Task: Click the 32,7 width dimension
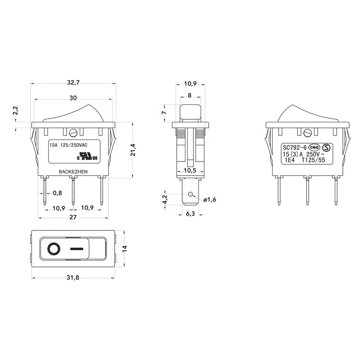pyautogui.click(x=73, y=82)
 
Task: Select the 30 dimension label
pyautogui.click(x=73, y=98)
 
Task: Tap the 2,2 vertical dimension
pyautogui.click(x=15, y=110)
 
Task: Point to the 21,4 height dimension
pyautogui.click(x=133, y=150)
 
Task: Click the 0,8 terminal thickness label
pyautogui.click(x=58, y=193)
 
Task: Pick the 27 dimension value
pyautogui.click(x=73, y=217)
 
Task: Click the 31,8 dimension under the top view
pyautogui.click(x=73, y=278)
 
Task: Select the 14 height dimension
pyautogui.click(x=125, y=249)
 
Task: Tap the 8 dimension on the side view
pyautogui.click(x=189, y=95)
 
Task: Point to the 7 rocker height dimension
pyautogui.click(x=163, y=113)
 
